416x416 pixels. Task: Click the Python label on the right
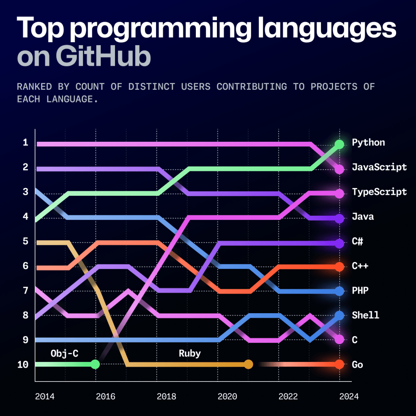[368, 143]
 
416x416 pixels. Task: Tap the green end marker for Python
[339, 144]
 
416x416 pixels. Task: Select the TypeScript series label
[379, 192]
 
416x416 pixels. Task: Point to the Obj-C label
[65, 353]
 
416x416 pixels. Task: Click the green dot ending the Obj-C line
[95, 364]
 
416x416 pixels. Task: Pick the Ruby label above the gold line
[190, 353]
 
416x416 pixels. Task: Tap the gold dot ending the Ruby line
[249, 364]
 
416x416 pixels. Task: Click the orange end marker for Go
[339, 364]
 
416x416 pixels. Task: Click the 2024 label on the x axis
[349, 396]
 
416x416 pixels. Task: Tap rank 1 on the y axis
[25, 143]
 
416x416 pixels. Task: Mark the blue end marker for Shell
[339, 315]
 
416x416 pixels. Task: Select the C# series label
[357, 242]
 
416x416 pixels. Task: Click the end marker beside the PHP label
[339, 291]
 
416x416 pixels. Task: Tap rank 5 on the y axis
[25, 242]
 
